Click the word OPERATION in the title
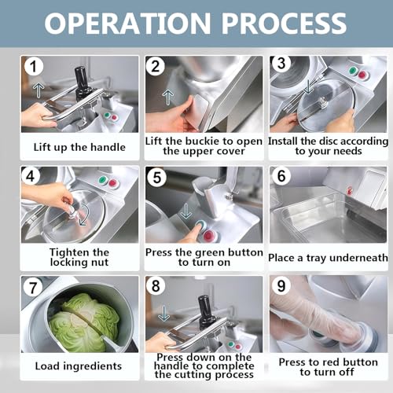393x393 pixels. (127, 23)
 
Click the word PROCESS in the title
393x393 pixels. (285, 23)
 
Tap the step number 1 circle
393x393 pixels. (33, 67)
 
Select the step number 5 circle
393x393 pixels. (156, 178)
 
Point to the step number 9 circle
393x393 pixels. (281, 285)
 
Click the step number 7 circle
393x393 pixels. (32, 288)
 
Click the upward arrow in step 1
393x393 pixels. (39, 90)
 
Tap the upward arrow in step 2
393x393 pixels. (168, 97)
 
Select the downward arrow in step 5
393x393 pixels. (186, 211)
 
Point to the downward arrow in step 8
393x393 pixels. (163, 314)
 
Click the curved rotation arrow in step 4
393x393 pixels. (84, 215)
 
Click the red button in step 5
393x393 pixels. (209, 236)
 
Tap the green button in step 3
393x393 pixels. (353, 71)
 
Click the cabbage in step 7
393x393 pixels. (84, 322)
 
